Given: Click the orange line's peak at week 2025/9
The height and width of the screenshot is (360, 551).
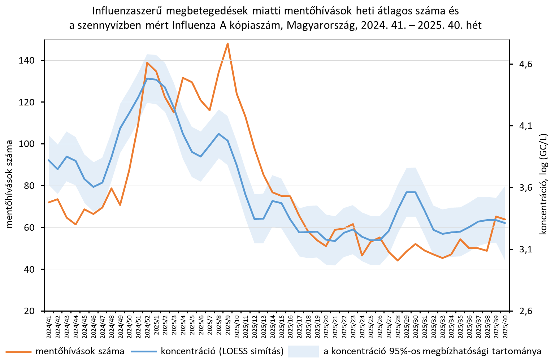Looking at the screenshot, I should coord(227,43).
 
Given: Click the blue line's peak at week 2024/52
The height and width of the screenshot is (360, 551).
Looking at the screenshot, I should coord(147,78).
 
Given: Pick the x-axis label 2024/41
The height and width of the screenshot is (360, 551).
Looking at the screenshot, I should coord(49,327).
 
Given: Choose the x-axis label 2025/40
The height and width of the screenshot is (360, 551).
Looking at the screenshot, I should coord(505,327).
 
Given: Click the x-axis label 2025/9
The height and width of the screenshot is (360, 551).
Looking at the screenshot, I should coord(228,327).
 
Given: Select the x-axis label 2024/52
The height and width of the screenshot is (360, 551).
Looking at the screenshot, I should coord(147,327).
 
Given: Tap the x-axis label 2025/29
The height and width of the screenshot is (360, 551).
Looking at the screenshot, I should coord(407,327).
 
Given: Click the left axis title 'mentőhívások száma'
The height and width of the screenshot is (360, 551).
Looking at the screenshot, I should coord(10,184).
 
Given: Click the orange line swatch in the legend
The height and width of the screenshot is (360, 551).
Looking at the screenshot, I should coord(18,351).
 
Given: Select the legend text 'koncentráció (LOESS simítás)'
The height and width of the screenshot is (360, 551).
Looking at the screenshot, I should coord(222,351).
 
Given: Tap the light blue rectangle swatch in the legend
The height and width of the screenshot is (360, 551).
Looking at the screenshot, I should coord(303,351).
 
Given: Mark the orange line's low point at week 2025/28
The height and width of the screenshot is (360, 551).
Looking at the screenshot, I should coord(398,260).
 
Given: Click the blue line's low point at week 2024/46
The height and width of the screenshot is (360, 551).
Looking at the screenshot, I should coord(94,187).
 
